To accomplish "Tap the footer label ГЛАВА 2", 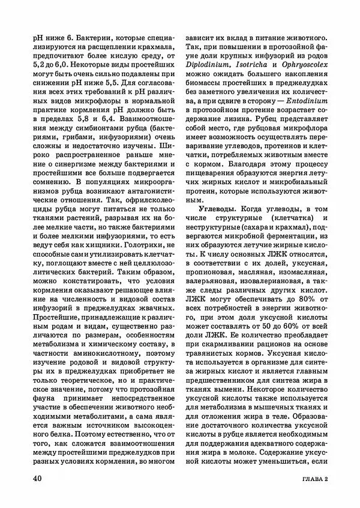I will (314, 480).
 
